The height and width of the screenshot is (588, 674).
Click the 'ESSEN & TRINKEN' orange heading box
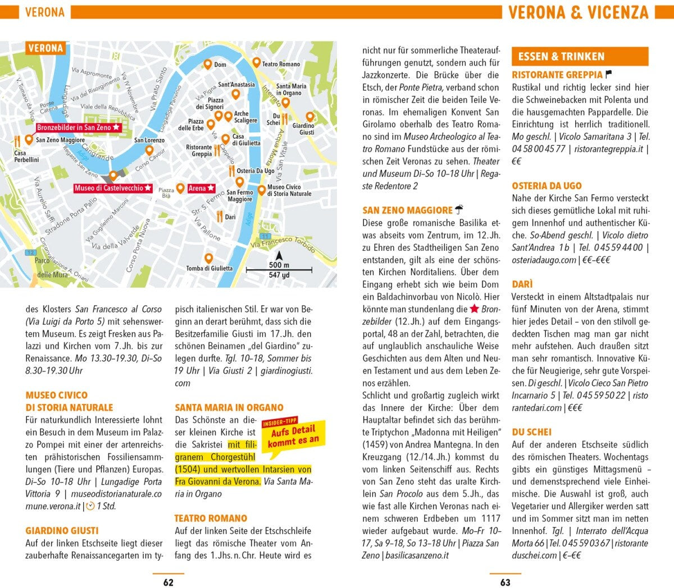(x=579, y=56)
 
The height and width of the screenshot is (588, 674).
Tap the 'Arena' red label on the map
(x=201, y=188)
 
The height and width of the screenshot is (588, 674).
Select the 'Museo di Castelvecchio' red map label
(x=112, y=188)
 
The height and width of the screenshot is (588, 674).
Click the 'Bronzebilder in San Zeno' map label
(x=78, y=127)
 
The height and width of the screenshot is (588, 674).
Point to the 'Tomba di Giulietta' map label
(x=209, y=268)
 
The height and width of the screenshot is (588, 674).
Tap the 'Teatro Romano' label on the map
(x=281, y=64)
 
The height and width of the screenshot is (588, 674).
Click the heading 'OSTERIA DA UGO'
(x=547, y=186)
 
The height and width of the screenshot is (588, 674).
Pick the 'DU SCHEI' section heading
(x=531, y=432)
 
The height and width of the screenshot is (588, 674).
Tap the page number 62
(x=168, y=582)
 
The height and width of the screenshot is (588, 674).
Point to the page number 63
(x=505, y=582)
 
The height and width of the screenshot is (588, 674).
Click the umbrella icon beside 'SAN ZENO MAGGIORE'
(x=459, y=210)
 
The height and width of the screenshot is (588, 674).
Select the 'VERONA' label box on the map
(x=45, y=48)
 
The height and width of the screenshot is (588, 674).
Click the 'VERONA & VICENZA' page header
(x=578, y=12)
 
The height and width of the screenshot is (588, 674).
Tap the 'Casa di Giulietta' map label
(x=246, y=140)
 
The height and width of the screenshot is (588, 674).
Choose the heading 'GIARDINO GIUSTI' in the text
(x=62, y=531)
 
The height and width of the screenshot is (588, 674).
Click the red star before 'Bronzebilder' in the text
(x=475, y=309)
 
